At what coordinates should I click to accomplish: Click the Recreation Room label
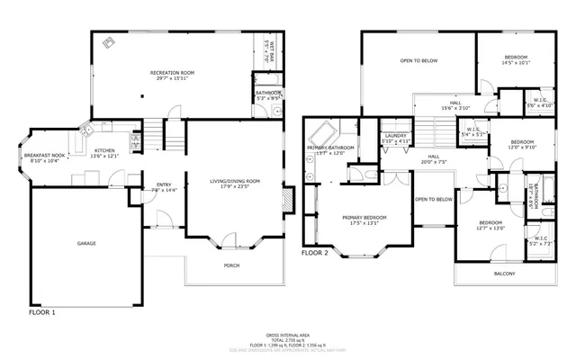pyautogui.click(x=172, y=72)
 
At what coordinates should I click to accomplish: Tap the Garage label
pyautogui.click(x=86, y=243)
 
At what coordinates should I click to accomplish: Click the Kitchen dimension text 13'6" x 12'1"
pyautogui.click(x=106, y=157)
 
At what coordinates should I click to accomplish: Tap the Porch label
pyautogui.click(x=232, y=265)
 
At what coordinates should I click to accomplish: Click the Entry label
pyautogui.click(x=164, y=184)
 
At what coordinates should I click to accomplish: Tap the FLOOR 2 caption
pyautogui.click(x=317, y=254)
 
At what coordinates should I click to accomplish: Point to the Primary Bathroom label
pyautogui.click(x=330, y=148)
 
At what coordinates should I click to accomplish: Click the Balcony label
pyautogui.click(x=505, y=273)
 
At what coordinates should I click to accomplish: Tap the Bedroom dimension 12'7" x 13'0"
pyautogui.click(x=490, y=228)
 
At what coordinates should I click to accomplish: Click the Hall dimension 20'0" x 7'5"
pyautogui.click(x=434, y=163)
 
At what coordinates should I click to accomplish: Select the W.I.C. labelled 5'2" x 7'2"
pyautogui.click(x=540, y=244)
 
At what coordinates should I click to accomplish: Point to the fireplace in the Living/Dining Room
pyautogui.click(x=288, y=200)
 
